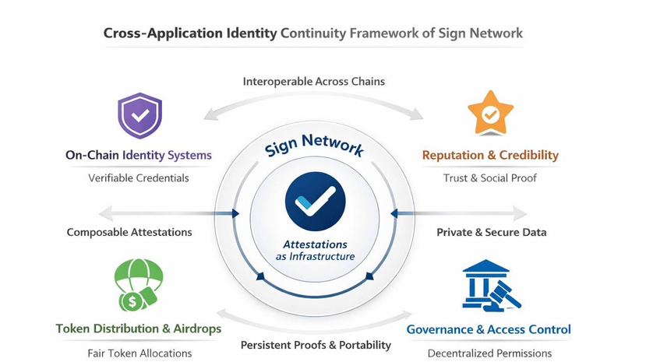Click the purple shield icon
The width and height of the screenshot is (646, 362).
[139, 115]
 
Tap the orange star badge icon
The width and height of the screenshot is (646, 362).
[489, 114]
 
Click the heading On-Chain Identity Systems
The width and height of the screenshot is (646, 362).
[139, 155]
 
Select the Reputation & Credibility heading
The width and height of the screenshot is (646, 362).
[490, 156]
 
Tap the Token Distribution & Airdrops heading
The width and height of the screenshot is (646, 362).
[139, 329]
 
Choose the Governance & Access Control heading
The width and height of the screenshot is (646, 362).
[489, 329]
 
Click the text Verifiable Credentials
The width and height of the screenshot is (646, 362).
[139, 177]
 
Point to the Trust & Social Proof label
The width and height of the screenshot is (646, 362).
[490, 177]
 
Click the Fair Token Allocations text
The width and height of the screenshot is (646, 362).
[139, 353]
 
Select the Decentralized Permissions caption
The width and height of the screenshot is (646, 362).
[489, 353]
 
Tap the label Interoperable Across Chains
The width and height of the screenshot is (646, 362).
[313, 81]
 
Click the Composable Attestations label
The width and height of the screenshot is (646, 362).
[129, 232]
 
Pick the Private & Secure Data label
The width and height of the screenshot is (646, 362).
[491, 232]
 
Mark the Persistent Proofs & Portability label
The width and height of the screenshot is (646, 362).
[315, 345]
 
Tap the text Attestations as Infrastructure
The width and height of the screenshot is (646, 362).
[315, 251]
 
